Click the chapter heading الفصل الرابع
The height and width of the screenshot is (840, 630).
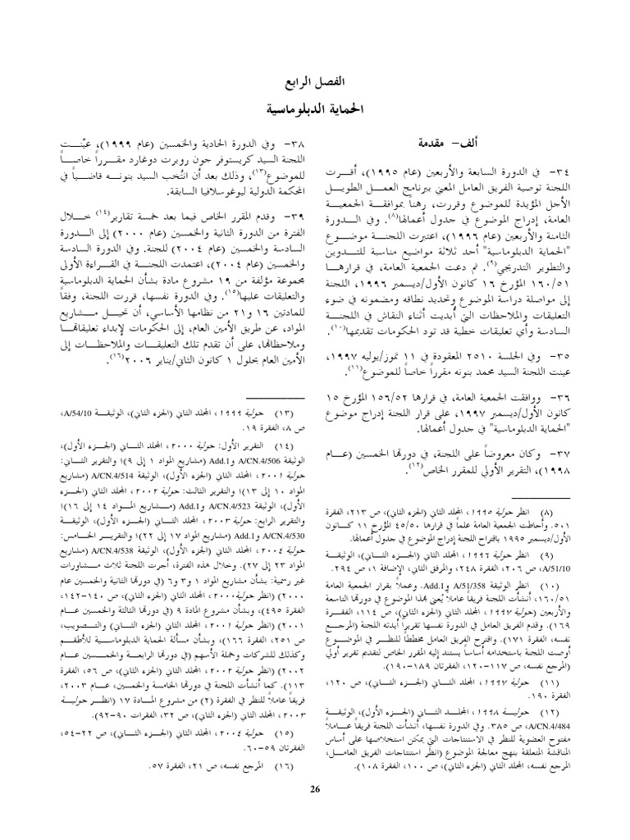[x=315, y=84]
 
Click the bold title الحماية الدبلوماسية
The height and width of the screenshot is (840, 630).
[x=315, y=108]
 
